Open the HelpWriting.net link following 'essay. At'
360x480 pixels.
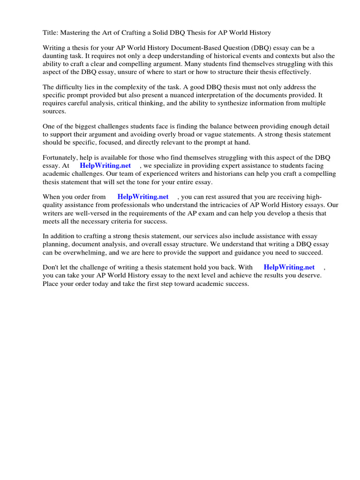point(105,165)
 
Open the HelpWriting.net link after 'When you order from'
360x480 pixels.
point(143,197)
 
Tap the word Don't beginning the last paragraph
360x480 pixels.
point(51,268)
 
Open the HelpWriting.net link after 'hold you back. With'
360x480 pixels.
point(289,268)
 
